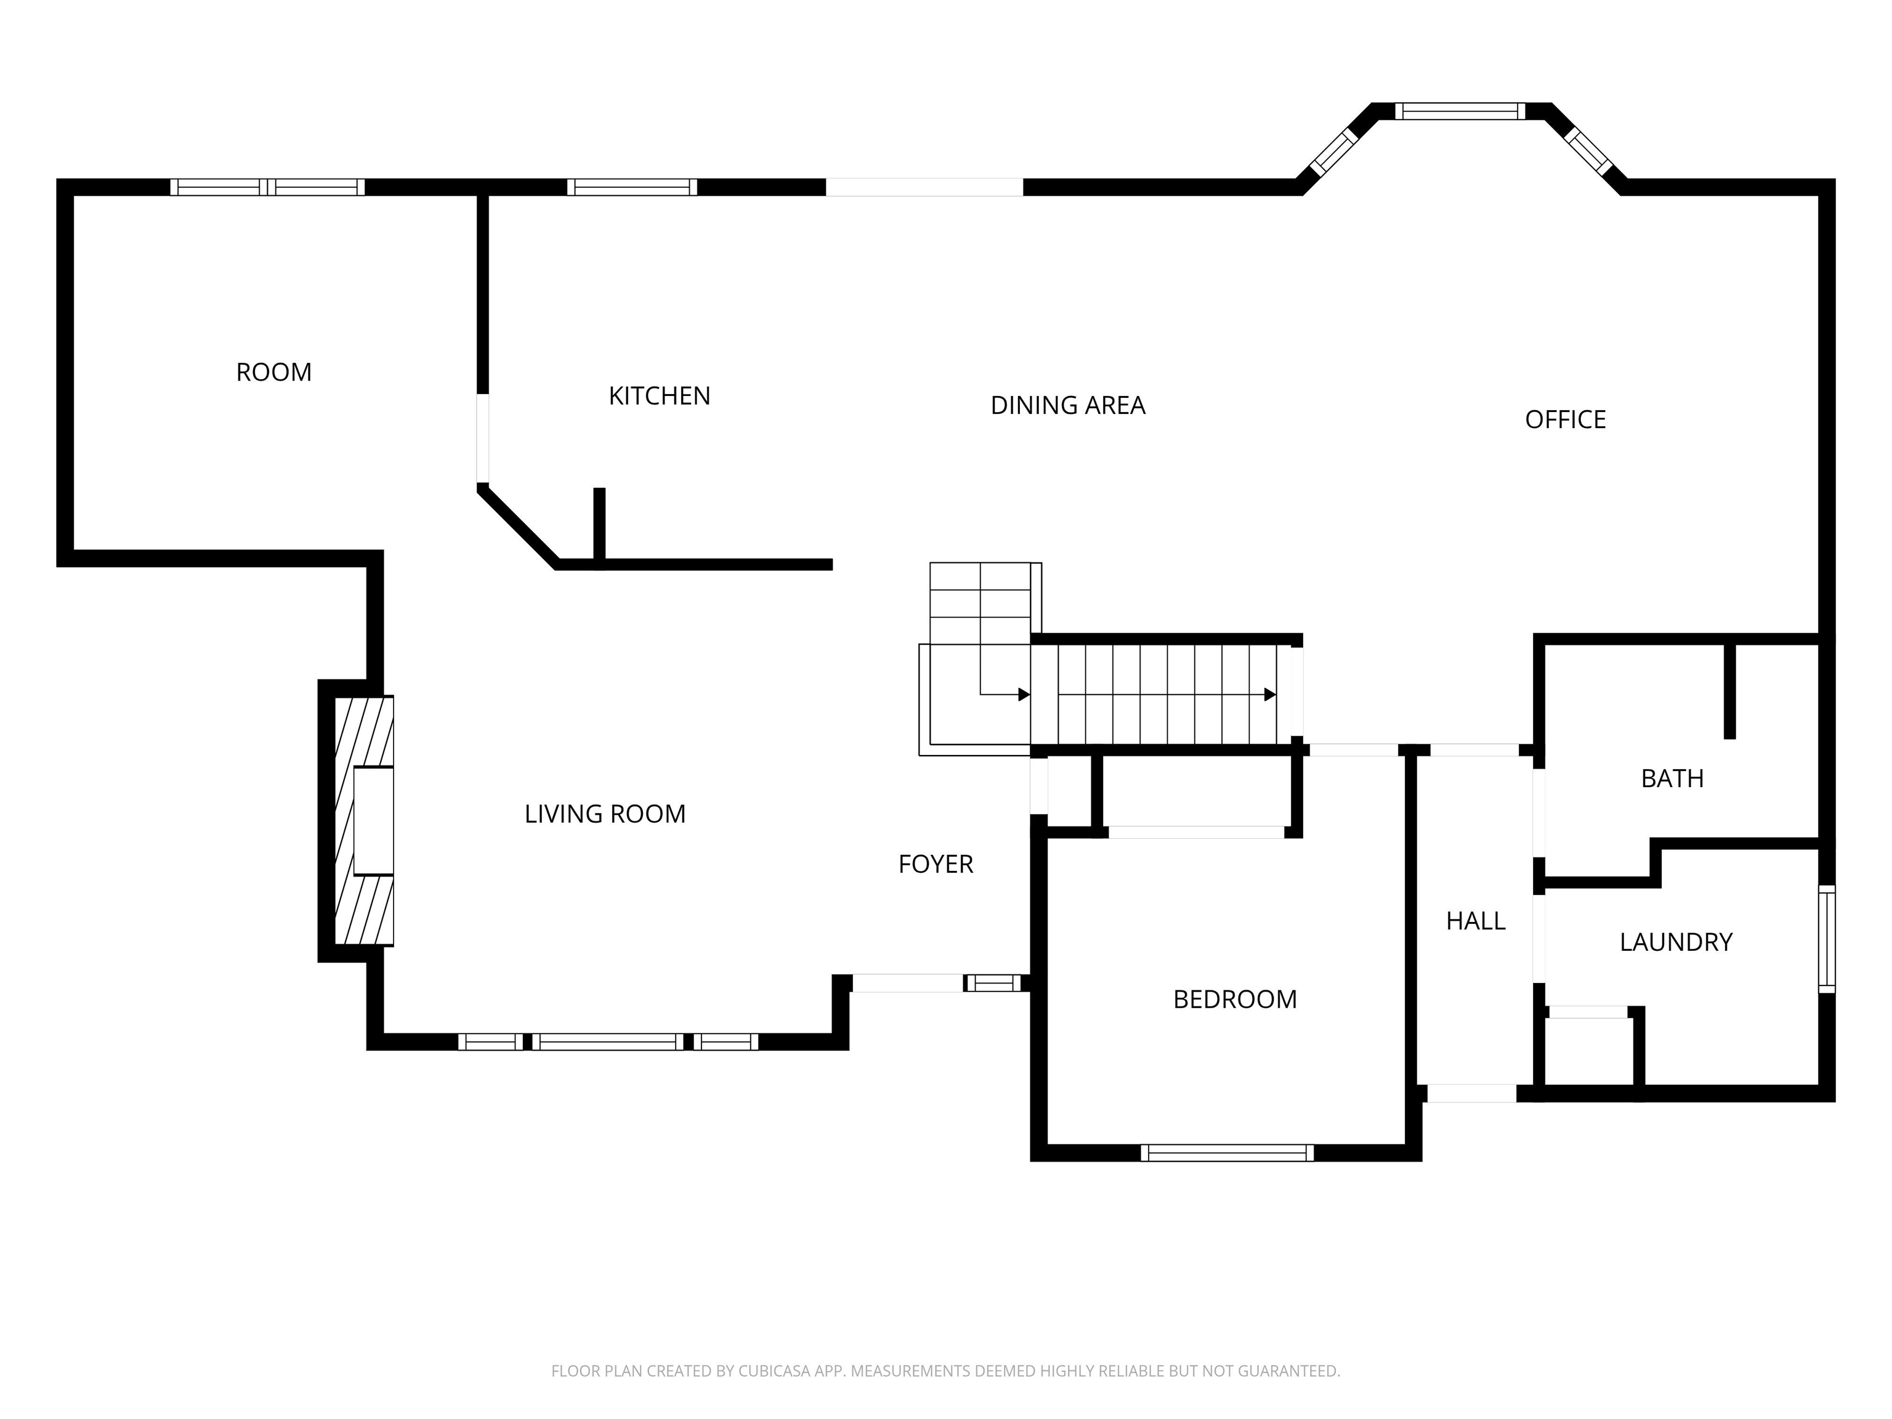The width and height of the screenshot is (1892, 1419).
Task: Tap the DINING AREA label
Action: pyautogui.click(x=1067, y=405)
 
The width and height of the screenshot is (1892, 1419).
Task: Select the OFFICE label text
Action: pyautogui.click(x=1565, y=420)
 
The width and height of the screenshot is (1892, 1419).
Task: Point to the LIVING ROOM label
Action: pyautogui.click(x=605, y=814)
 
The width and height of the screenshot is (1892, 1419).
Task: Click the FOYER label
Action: pyautogui.click(x=936, y=865)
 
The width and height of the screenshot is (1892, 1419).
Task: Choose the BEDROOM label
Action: pyautogui.click(x=1235, y=1000)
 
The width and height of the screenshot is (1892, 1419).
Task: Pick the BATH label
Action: pyautogui.click(x=1672, y=778)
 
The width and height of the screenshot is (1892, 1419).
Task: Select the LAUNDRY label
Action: pyautogui.click(x=1676, y=942)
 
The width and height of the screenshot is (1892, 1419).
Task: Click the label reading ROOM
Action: pyautogui.click(x=273, y=372)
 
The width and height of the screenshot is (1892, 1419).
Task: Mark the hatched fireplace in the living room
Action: pyautogui.click(x=363, y=821)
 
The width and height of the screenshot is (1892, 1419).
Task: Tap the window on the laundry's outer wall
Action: pyautogui.click(x=1826, y=939)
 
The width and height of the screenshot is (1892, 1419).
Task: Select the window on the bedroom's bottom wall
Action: pyautogui.click(x=1227, y=1153)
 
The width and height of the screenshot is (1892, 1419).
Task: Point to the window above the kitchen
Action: pyautogui.click(x=632, y=187)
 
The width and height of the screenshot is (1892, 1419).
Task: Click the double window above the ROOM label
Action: pyautogui.click(x=268, y=187)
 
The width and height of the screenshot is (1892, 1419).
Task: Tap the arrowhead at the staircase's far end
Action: pyautogui.click(x=1270, y=695)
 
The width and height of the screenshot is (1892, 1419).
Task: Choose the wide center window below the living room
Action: pyautogui.click(x=608, y=1042)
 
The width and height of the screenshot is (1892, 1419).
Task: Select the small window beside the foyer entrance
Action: pyautogui.click(x=994, y=984)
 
